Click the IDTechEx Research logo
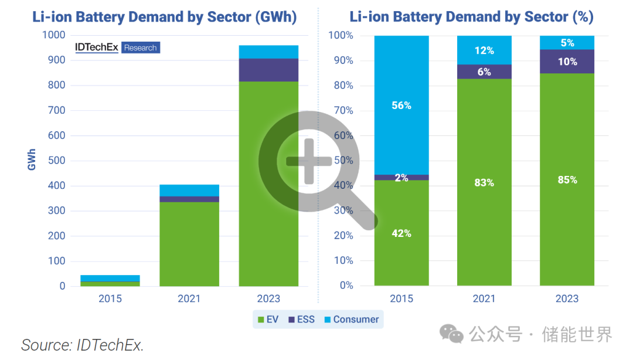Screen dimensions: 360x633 pyautogui.click(x=117, y=47)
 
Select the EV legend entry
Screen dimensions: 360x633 pyautogui.click(x=268, y=320)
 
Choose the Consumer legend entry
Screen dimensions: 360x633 pyautogui.click(x=351, y=320)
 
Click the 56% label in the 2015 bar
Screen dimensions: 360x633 pyautogui.click(x=401, y=106)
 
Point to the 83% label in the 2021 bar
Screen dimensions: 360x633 pyautogui.click(x=484, y=183)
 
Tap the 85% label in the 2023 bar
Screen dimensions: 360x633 pyautogui.click(x=567, y=180)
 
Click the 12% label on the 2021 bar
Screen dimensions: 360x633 pyautogui.click(x=484, y=50)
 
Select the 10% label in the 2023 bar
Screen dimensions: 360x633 pyautogui.click(x=567, y=62)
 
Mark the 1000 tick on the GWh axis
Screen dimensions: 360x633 pyautogui.click(x=54, y=35)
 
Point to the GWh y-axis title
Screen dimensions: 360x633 pyautogui.click(x=32, y=159)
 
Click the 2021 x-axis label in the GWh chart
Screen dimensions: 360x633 pyautogui.click(x=189, y=299)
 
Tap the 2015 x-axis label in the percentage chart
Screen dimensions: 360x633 pyautogui.click(x=401, y=299)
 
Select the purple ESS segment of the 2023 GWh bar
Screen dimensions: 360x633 pyautogui.click(x=269, y=70)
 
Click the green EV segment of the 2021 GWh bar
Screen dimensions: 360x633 pyautogui.click(x=189, y=243)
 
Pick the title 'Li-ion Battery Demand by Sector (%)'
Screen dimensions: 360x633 pyautogui.click(x=471, y=17)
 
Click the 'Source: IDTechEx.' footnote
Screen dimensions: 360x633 pyautogui.click(x=83, y=345)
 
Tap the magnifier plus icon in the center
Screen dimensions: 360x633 pyautogui.click(x=311, y=162)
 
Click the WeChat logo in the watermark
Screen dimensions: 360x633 pyautogui.click(x=452, y=334)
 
